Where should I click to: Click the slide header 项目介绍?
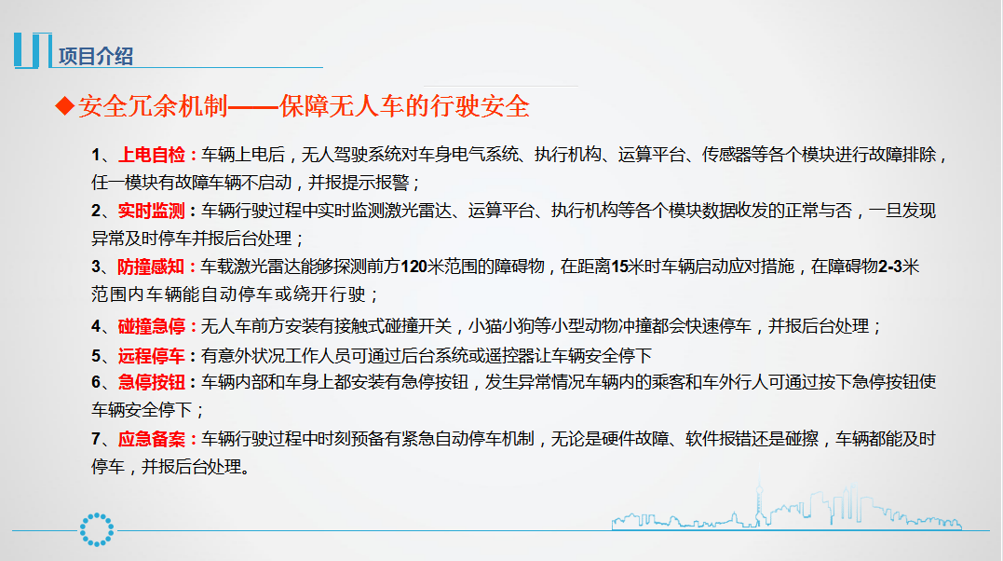coord(96,56)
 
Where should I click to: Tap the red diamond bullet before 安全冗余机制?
coord(64,105)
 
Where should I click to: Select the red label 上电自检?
coord(152,155)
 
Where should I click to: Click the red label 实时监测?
coord(152,211)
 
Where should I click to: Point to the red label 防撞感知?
coord(151,267)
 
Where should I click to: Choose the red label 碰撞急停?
coord(152,326)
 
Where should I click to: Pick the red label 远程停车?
coord(152,356)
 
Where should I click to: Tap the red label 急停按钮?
coord(152,382)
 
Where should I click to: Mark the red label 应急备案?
coord(152,439)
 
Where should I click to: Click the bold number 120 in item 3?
coord(413,267)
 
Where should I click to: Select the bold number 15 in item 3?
coord(619,267)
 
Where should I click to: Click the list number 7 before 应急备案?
coord(96,439)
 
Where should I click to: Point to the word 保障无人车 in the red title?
coord(342,106)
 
